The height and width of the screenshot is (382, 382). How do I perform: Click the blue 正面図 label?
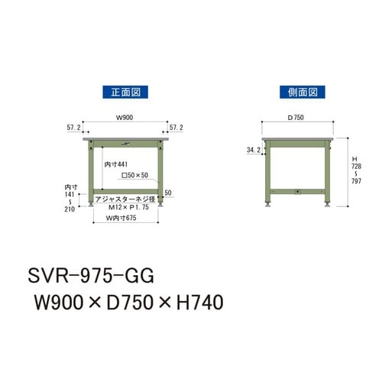pos(125,91)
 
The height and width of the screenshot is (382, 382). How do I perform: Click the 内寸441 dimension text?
pos(115,165)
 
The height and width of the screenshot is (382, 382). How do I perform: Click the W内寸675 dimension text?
pos(125,219)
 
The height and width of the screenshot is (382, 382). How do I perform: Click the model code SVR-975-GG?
pos(92,274)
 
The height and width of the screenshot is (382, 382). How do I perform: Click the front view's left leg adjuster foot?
pos(93,204)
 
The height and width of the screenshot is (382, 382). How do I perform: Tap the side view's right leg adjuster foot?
pos(329,204)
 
